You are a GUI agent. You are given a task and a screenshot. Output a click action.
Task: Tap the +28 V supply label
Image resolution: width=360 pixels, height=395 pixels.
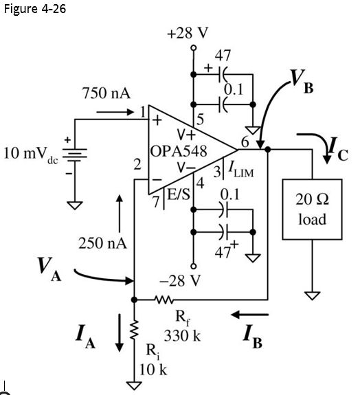coord(188,33)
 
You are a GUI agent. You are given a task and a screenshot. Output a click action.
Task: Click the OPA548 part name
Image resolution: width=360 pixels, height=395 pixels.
coord(179,152)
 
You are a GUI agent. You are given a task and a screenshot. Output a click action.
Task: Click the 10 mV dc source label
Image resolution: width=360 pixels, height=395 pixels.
coord(30,153)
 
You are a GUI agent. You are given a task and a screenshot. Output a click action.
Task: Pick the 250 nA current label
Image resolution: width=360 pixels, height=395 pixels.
coord(103,243)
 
